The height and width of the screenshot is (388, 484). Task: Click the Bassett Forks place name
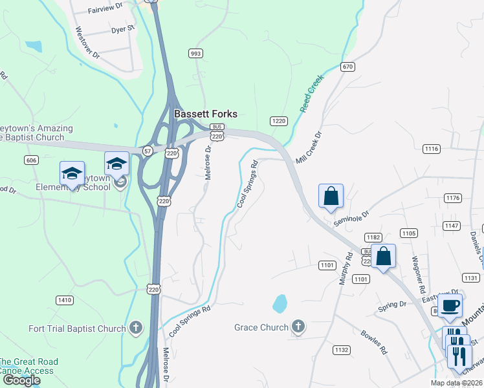(205, 114)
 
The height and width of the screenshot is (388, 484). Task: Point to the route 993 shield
(195, 53)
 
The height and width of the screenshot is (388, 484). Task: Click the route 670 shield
(348, 67)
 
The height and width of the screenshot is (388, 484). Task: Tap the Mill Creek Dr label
(309, 151)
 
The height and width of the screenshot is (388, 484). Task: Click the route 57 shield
(148, 150)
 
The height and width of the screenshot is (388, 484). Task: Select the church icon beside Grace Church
(298, 327)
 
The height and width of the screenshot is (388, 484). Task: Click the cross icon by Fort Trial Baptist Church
(135, 329)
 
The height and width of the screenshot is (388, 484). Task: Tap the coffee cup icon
(450, 305)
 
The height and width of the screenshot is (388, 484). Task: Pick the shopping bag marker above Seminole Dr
(331, 195)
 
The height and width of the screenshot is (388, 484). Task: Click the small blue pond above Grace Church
(280, 303)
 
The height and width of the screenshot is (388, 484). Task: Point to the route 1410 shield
(65, 299)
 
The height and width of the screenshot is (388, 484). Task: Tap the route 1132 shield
(342, 350)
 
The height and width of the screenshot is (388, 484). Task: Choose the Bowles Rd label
(374, 342)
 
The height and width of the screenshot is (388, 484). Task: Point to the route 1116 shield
(432, 149)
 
